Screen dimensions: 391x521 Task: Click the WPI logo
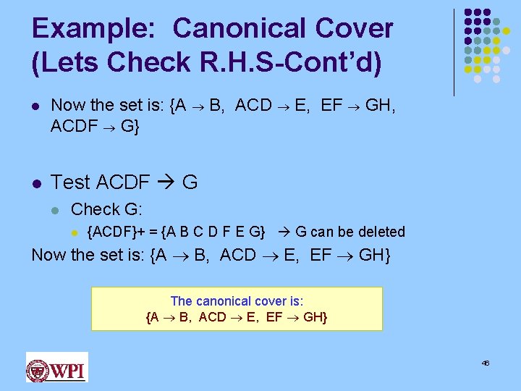click(x=56, y=366)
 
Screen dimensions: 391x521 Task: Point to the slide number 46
click(x=486, y=363)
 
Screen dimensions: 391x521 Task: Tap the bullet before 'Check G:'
click(x=54, y=210)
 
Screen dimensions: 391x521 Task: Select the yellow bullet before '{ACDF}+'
click(x=73, y=232)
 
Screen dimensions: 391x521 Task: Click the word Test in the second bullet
click(x=71, y=182)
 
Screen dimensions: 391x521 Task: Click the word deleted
click(x=383, y=232)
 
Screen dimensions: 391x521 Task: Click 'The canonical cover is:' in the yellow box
click(x=237, y=301)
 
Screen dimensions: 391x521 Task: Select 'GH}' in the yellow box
click(x=315, y=317)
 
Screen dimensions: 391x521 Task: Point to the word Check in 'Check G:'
click(x=95, y=209)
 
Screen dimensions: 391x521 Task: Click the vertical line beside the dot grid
click(x=454, y=52)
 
